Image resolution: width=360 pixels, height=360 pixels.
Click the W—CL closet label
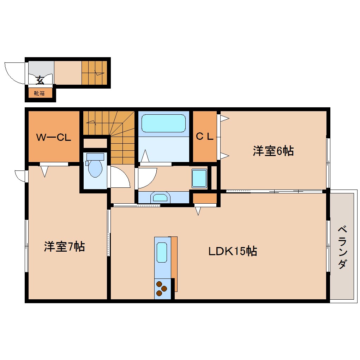(x=54, y=138)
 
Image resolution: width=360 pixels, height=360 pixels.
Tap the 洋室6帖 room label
(x=273, y=151)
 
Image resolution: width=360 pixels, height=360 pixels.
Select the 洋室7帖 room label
(x=64, y=246)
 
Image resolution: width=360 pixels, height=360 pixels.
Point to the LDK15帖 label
(x=232, y=251)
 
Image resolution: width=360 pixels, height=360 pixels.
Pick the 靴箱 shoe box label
(x=39, y=94)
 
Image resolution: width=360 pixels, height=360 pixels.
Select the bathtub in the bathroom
(x=163, y=123)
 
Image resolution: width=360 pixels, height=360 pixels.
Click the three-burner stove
(x=162, y=288)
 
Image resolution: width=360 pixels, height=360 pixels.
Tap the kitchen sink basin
(x=162, y=252)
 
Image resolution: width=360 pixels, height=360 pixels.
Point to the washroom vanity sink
(x=160, y=197)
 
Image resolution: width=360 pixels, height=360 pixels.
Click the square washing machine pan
(x=199, y=178)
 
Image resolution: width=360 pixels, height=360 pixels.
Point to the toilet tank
(x=95, y=157)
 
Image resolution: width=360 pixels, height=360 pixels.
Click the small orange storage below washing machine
(x=205, y=198)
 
